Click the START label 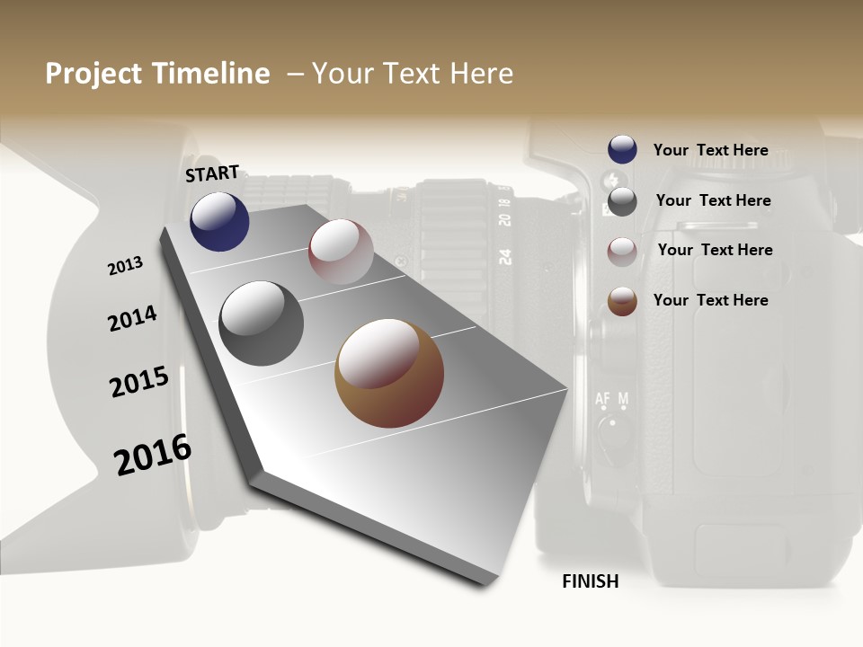(x=212, y=173)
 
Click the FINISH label (x=591, y=581)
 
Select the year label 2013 (x=126, y=266)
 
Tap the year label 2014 (x=132, y=318)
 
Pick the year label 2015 (x=139, y=382)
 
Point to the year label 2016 (x=153, y=454)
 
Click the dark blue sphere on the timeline (x=219, y=222)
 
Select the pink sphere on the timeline (x=341, y=252)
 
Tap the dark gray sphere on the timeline (x=262, y=323)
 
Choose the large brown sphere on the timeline (x=389, y=373)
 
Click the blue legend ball (x=622, y=150)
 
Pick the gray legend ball (x=622, y=200)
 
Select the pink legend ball (x=622, y=251)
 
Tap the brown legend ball (x=622, y=301)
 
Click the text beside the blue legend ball (x=710, y=150)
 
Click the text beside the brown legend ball (x=710, y=300)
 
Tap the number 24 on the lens (x=505, y=256)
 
